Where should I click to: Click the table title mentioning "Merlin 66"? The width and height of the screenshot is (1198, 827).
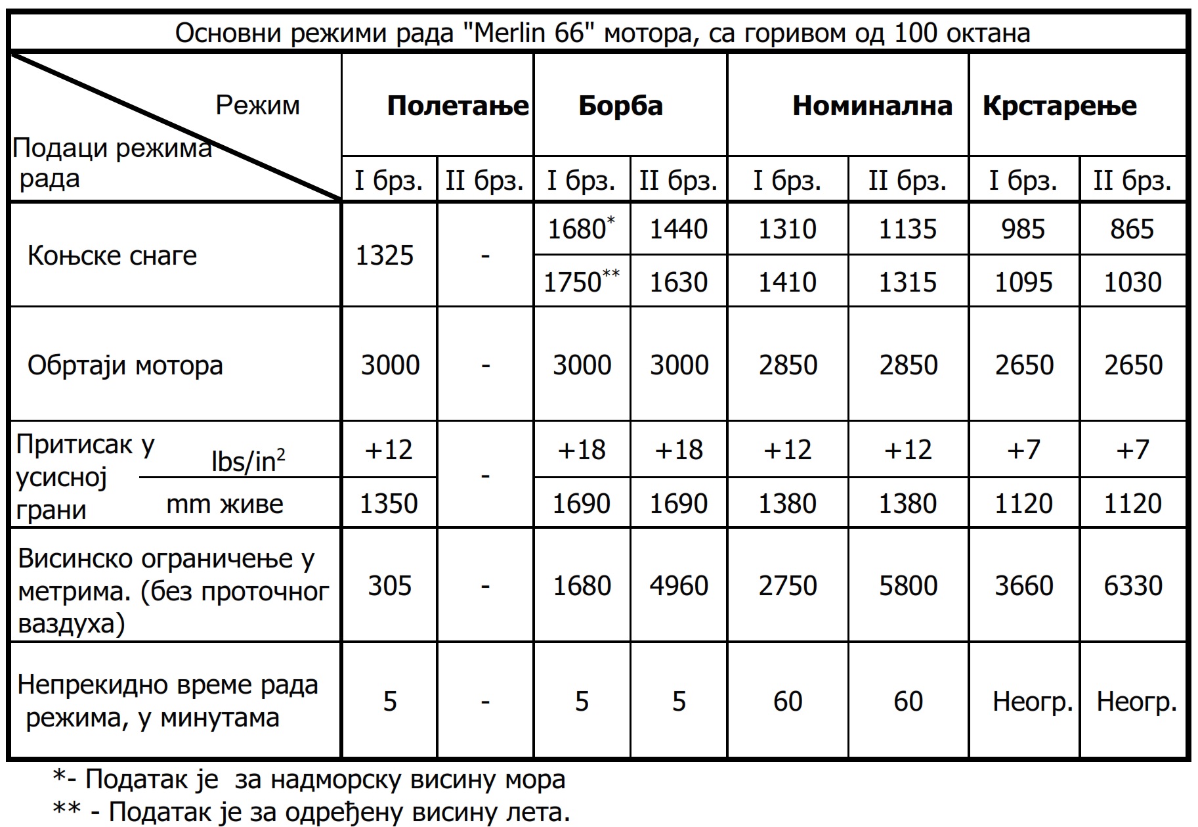point(602,33)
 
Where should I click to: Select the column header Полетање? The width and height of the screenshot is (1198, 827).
point(458,106)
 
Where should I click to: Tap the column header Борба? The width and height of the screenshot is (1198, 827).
point(620,106)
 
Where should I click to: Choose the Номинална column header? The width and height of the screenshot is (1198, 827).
point(872,106)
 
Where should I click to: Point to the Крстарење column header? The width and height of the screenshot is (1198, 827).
point(1059,106)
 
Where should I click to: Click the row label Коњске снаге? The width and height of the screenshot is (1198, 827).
point(112,256)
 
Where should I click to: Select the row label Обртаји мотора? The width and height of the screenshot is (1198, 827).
point(125,365)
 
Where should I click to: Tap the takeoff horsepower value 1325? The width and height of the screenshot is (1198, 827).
point(385,256)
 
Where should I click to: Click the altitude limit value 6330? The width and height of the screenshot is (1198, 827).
point(1133,585)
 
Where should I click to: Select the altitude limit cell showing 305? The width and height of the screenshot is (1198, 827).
point(389,585)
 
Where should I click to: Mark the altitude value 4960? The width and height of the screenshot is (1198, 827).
point(679,585)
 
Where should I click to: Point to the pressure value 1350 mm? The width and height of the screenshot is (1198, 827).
point(389,504)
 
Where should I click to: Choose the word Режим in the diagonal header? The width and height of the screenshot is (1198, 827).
point(257,105)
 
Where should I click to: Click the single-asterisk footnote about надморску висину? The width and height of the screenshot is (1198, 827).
point(309,780)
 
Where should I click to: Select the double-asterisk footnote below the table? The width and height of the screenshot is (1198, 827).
point(311,813)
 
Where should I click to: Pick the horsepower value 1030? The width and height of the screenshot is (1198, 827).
point(1133,282)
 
